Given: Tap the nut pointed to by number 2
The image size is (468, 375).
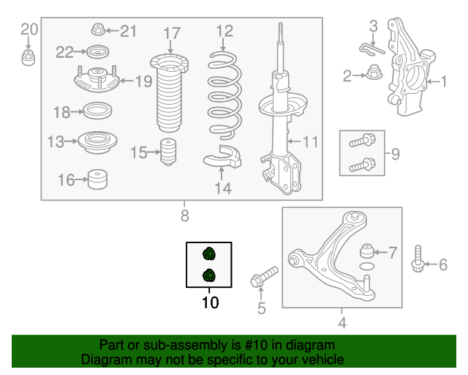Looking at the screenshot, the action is pyautogui.click(x=374, y=72).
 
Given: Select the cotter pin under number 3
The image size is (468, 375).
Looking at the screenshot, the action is pyautogui.click(x=371, y=49).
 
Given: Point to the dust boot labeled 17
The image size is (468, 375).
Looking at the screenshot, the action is pyautogui.click(x=169, y=93).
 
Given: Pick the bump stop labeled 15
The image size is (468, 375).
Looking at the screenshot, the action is pyautogui.click(x=168, y=152).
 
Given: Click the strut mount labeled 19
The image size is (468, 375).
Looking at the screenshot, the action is pyautogui.click(x=97, y=79).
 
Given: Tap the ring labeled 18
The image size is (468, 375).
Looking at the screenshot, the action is pyautogui.click(x=97, y=111).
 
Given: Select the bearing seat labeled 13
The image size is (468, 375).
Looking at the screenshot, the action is pyautogui.click(x=97, y=142).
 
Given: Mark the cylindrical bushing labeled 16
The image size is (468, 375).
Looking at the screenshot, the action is pyautogui.click(x=97, y=179).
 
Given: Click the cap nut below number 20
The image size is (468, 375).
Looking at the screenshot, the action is pyautogui.click(x=28, y=58).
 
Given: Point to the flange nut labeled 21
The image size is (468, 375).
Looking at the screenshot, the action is pyautogui.click(x=98, y=29).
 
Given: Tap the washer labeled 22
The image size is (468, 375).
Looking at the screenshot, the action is pyautogui.click(x=97, y=52).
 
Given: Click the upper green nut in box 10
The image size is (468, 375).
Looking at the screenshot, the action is pyautogui.click(x=209, y=254).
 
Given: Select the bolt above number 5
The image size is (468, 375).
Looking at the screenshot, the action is pyautogui.click(x=264, y=277).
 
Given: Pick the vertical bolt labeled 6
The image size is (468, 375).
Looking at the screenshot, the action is pyautogui.click(x=418, y=259).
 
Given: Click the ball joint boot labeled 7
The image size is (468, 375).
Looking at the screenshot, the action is pyautogui.click(x=367, y=250).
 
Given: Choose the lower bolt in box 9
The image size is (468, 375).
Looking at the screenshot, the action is pyautogui.click(x=363, y=165).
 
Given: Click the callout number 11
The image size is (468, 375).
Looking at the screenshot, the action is pyautogui.click(x=310, y=141).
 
